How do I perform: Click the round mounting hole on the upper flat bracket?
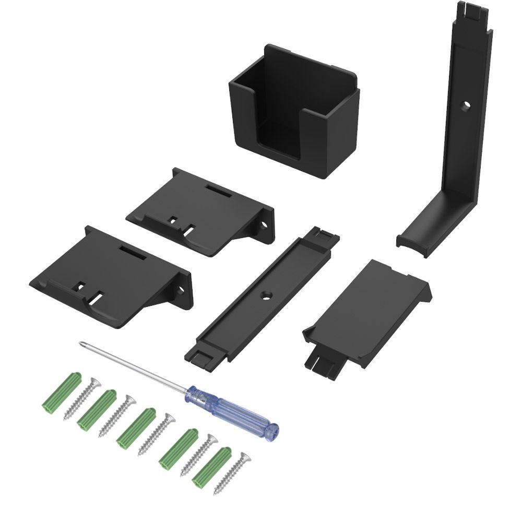(264, 226)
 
